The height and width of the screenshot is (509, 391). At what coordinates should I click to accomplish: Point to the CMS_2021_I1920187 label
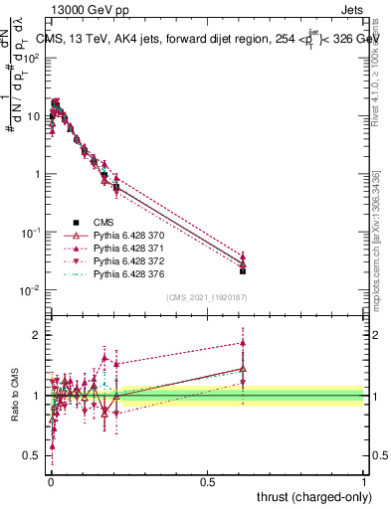207,297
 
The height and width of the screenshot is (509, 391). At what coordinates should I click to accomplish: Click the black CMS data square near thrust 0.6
243,270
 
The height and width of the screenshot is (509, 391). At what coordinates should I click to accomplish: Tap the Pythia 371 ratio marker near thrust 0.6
243,343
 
